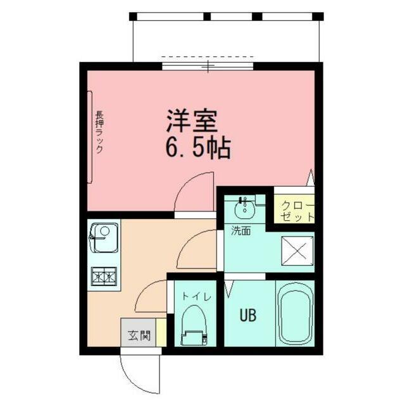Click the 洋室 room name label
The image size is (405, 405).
(x=192, y=120)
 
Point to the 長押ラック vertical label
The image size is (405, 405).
(x=99, y=133)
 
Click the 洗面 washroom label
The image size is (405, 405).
(x=240, y=231)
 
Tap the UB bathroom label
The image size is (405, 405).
(x=247, y=314)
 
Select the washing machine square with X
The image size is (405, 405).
(x=296, y=250)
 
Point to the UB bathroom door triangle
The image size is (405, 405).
(x=228, y=289)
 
